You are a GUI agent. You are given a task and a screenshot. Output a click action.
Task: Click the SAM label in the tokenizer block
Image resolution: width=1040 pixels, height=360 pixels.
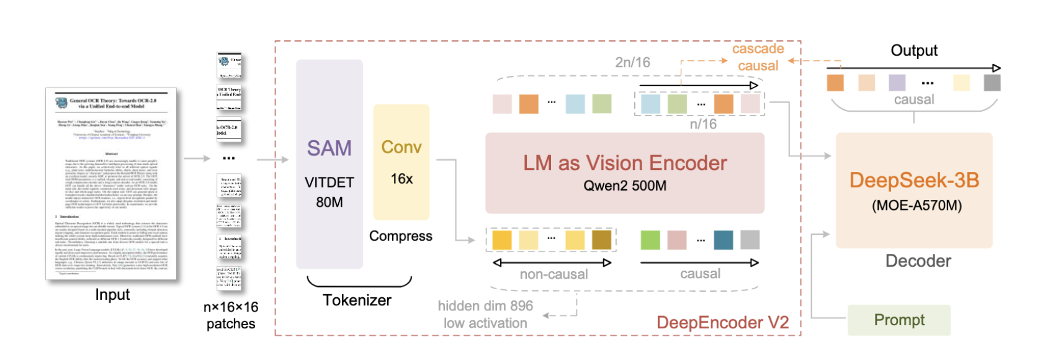(x=329, y=148)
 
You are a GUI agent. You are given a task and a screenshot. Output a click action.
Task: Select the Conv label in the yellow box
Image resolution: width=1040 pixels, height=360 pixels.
(x=401, y=147)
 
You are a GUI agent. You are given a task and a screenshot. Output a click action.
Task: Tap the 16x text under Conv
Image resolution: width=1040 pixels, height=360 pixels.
(x=401, y=179)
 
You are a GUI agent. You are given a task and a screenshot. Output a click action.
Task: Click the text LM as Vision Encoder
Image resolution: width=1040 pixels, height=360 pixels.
(x=625, y=163)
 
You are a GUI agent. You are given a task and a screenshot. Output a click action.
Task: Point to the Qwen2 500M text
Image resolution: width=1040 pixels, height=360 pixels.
(x=625, y=186)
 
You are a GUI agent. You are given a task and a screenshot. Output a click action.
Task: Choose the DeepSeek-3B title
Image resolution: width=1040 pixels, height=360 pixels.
(x=914, y=180)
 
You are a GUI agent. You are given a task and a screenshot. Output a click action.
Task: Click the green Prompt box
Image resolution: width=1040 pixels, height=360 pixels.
(x=899, y=320)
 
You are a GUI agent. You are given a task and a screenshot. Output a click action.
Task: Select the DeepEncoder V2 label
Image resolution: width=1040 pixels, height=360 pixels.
(x=722, y=323)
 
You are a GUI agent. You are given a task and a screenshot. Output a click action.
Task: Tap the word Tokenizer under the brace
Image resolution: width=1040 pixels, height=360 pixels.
(x=357, y=300)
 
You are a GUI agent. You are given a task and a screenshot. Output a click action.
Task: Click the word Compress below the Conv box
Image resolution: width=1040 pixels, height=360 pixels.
(x=401, y=236)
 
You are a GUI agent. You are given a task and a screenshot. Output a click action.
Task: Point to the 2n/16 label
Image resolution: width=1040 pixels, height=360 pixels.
(x=632, y=62)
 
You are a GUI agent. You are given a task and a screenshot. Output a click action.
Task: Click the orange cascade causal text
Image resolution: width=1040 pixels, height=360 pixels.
(x=758, y=57)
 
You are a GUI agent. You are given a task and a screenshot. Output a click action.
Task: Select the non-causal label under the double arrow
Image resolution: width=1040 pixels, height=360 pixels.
(x=554, y=274)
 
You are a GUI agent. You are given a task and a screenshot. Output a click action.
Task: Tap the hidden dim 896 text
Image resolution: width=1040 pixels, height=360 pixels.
(x=485, y=306)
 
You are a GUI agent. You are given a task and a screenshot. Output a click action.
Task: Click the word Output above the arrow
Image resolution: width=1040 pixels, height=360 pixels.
(x=914, y=50)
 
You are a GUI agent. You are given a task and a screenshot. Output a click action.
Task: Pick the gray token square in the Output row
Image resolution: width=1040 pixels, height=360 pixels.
(x=992, y=83)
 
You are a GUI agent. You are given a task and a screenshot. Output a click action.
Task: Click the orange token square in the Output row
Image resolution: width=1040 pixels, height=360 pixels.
(x=835, y=83)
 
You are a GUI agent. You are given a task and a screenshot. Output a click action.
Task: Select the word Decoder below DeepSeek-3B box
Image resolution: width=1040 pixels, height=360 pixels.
(x=918, y=261)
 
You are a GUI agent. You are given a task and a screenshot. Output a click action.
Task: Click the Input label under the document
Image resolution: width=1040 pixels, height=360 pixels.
(x=112, y=295)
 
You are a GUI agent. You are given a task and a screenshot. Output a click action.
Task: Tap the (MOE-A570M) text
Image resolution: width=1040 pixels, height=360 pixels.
(x=917, y=205)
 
